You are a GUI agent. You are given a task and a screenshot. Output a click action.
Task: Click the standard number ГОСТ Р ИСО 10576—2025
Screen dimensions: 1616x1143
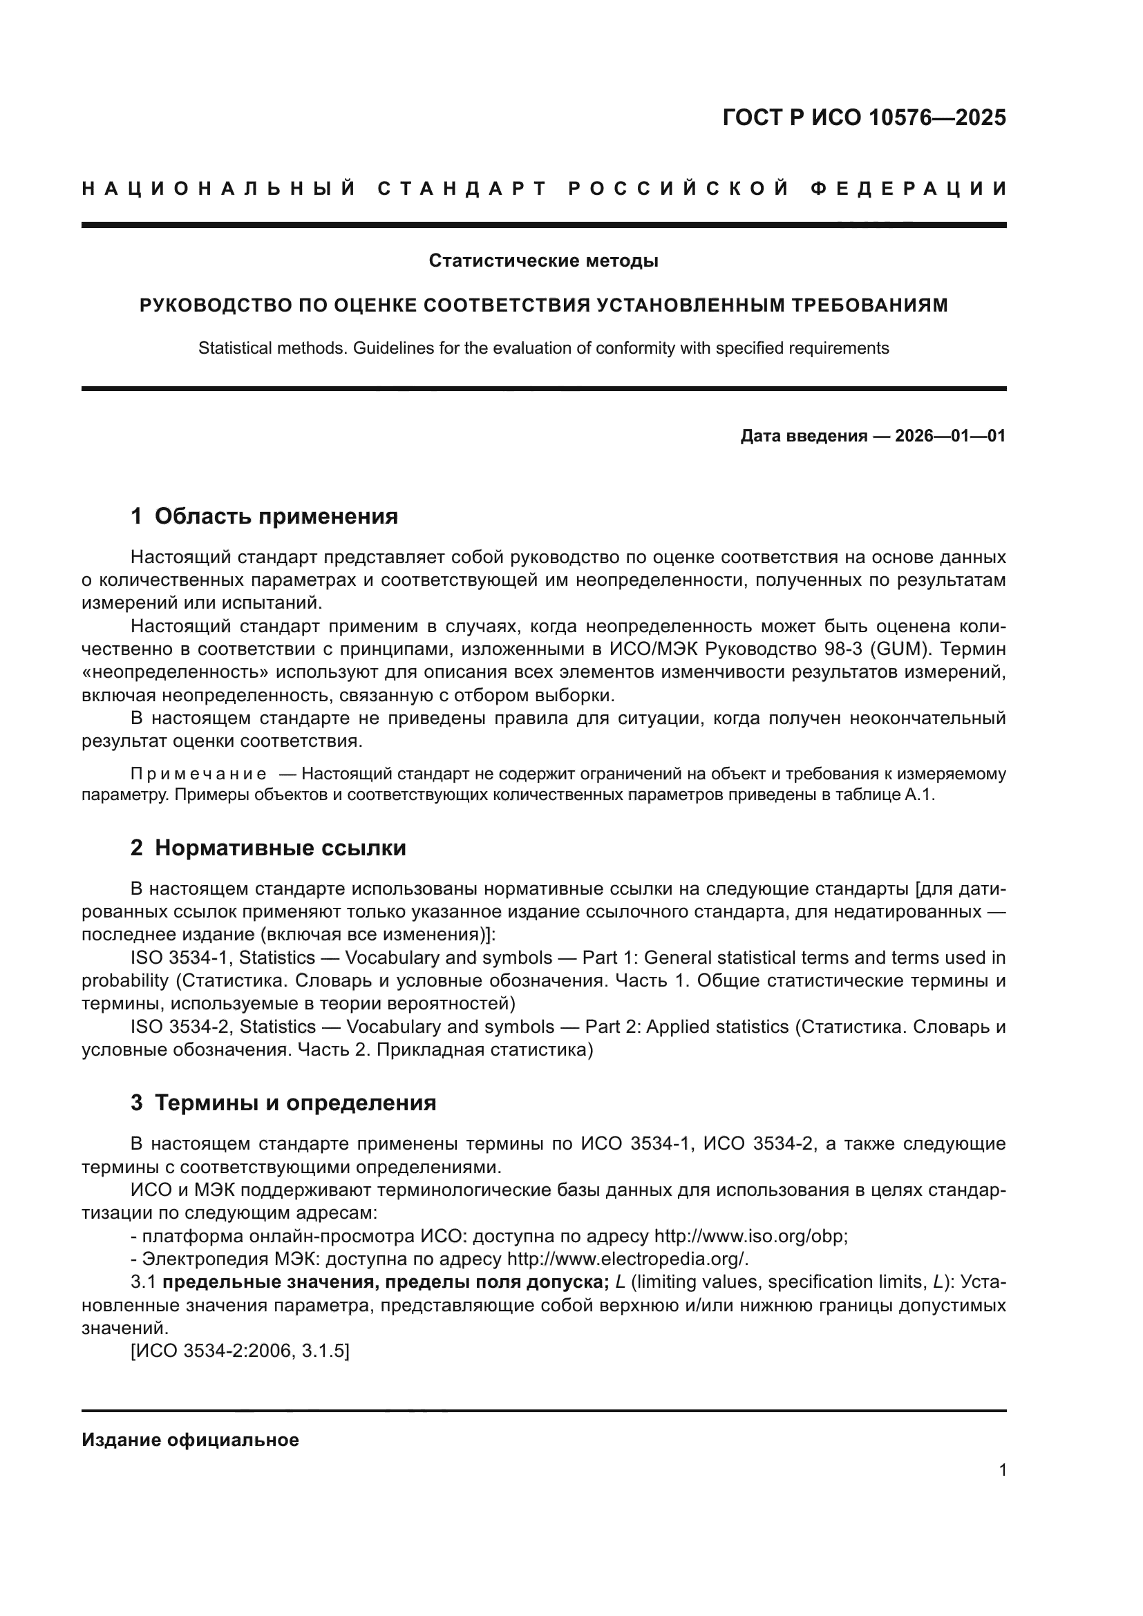point(864,117)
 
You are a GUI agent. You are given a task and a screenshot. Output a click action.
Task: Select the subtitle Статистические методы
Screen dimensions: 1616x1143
point(543,261)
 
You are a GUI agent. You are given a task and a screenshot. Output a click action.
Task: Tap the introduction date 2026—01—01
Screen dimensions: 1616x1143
point(950,437)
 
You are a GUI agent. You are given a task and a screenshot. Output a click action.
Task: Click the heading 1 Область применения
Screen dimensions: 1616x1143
point(264,517)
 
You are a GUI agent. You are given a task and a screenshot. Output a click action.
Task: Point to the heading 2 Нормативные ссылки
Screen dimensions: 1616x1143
point(268,848)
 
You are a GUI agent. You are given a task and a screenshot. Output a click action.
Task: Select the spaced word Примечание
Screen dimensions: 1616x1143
point(198,775)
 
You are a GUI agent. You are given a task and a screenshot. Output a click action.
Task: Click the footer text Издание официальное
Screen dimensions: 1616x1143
point(190,1440)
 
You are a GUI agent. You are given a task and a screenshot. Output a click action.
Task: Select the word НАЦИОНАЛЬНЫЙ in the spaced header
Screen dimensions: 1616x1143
point(219,189)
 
